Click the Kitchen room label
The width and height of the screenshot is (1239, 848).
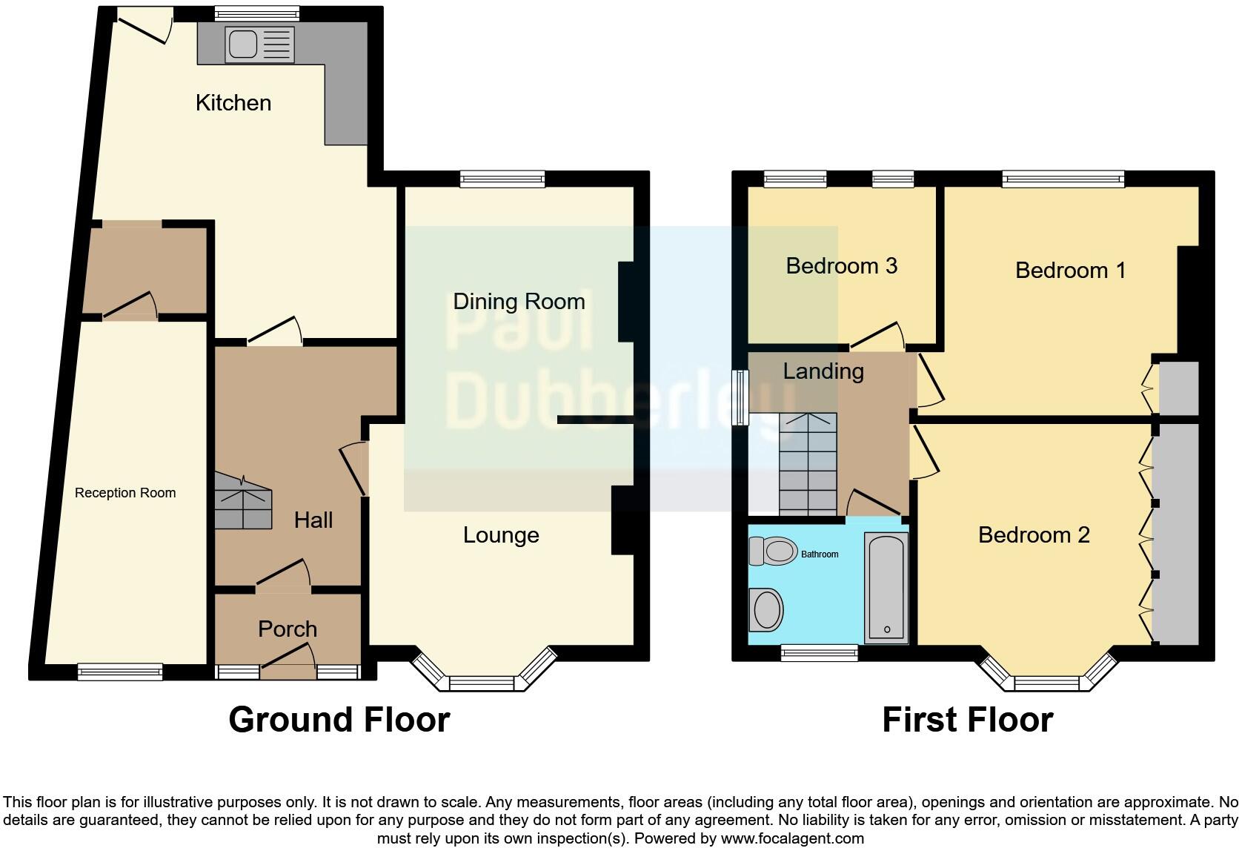pos(233,102)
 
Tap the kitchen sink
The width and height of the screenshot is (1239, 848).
pos(242,44)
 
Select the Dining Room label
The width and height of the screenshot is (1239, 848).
pos(519,301)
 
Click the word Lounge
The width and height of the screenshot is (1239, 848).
pos(501,534)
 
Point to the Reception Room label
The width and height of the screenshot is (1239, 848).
pos(125,493)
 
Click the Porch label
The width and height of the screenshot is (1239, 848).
pos(288,629)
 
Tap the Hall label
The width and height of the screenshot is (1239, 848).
pos(313,520)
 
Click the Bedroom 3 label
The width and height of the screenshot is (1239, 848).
pos(841,265)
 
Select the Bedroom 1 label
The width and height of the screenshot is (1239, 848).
pos(1070,270)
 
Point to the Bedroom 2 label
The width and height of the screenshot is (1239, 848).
pos(1034,534)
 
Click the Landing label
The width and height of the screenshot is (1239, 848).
pos(823,371)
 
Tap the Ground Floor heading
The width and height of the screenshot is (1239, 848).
pos(339,719)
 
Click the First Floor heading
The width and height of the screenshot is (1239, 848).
pos(967,719)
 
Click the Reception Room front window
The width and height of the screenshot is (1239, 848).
pos(120,672)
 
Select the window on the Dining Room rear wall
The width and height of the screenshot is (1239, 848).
pos(502,178)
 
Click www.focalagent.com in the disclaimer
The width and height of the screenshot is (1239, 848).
pos(791,838)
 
